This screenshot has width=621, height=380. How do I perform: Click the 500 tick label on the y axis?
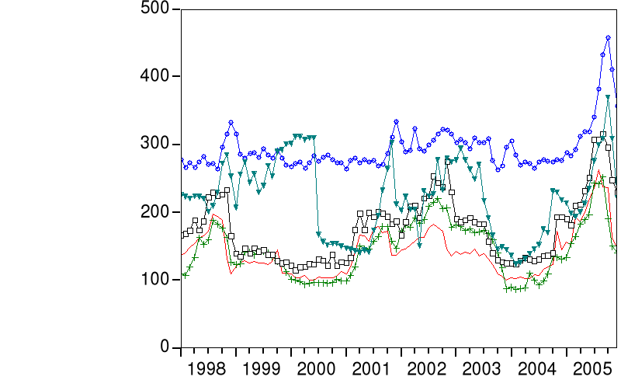tap(157, 9)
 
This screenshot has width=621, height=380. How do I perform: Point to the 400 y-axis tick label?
tap(157, 76)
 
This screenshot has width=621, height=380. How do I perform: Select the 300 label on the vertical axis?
tap(157, 144)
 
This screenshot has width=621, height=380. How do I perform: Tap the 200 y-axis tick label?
tap(157, 212)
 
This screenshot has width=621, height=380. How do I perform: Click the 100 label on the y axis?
tap(157, 280)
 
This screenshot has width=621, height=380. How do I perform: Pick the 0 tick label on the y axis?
tap(165, 347)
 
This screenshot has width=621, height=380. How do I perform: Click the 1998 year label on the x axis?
tap(209, 366)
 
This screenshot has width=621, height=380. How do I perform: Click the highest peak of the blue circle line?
tap(608, 37)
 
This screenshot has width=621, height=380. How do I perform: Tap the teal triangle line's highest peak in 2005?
tap(608, 98)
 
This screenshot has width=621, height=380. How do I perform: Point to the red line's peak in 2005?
tap(598, 170)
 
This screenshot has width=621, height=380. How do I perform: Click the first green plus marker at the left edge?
tap(185, 275)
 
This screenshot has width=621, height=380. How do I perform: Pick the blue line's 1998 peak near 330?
tap(231, 123)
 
